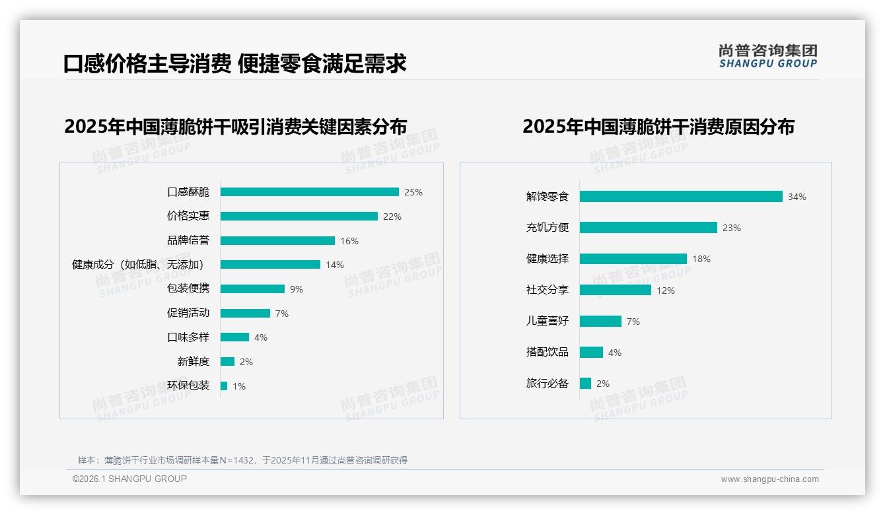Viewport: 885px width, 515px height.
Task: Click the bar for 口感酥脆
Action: [x=309, y=192]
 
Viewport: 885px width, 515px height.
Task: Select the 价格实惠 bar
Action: [x=299, y=217]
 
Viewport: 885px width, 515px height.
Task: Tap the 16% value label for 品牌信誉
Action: [x=349, y=241]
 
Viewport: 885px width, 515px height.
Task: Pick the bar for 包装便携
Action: [x=252, y=289]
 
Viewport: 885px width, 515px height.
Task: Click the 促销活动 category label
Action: [x=188, y=313]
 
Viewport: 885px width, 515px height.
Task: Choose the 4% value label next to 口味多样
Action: [x=261, y=337]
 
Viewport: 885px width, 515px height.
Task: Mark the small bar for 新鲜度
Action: [x=227, y=362]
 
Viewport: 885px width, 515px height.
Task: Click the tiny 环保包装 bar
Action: [x=224, y=386]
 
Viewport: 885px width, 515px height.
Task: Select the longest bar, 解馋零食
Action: [x=681, y=197]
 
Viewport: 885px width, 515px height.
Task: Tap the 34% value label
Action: [x=797, y=197]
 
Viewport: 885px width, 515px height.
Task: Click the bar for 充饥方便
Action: [x=648, y=228]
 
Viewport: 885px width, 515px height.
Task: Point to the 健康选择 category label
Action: [x=548, y=259]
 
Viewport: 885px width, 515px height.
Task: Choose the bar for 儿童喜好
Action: [x=600, y=322]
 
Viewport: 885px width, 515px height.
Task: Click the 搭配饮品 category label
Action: [x=548, y=352]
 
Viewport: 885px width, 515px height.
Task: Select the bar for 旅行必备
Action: [x=585, y=384]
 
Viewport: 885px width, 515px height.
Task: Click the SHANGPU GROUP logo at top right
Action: [x=768, y=56]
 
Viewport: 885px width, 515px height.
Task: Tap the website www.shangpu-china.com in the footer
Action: [x=769, y=479]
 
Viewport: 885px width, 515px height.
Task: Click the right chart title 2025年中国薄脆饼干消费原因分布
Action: [x=658, y=126]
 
